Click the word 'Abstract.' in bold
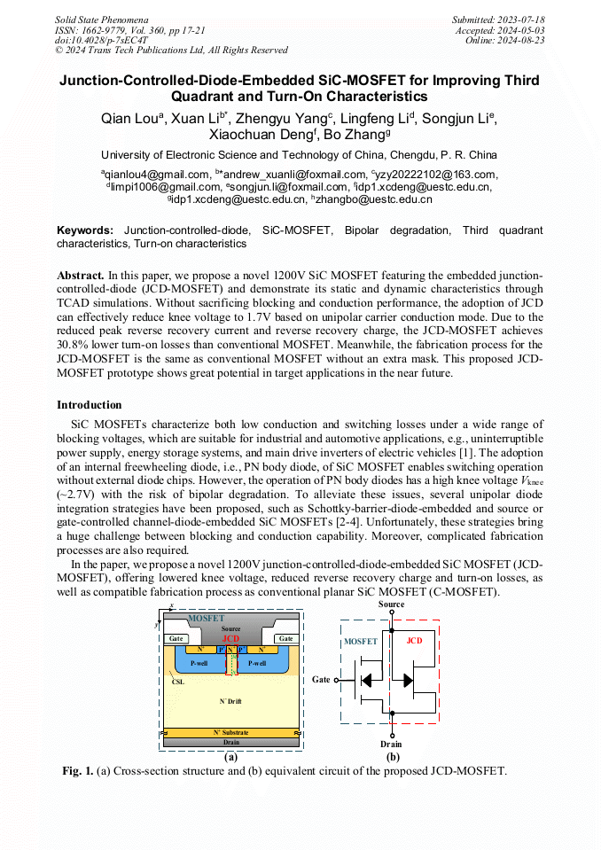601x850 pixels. [81, 277]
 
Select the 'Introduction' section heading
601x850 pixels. [90, 405]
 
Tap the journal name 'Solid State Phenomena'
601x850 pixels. [101, 19]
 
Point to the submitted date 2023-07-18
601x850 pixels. [522, 19]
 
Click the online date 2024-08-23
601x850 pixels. [522, 40]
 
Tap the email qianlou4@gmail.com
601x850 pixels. [159, 175]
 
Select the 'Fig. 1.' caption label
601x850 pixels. [78, 771]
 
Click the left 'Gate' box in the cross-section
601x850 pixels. [177, 638]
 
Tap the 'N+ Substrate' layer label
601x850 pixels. [230, 733]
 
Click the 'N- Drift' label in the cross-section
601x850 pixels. [230, 701]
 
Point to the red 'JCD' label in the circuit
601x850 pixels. [413, 640]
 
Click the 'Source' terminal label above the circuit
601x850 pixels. [391, 604]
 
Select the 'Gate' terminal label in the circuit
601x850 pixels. [321, 680]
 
